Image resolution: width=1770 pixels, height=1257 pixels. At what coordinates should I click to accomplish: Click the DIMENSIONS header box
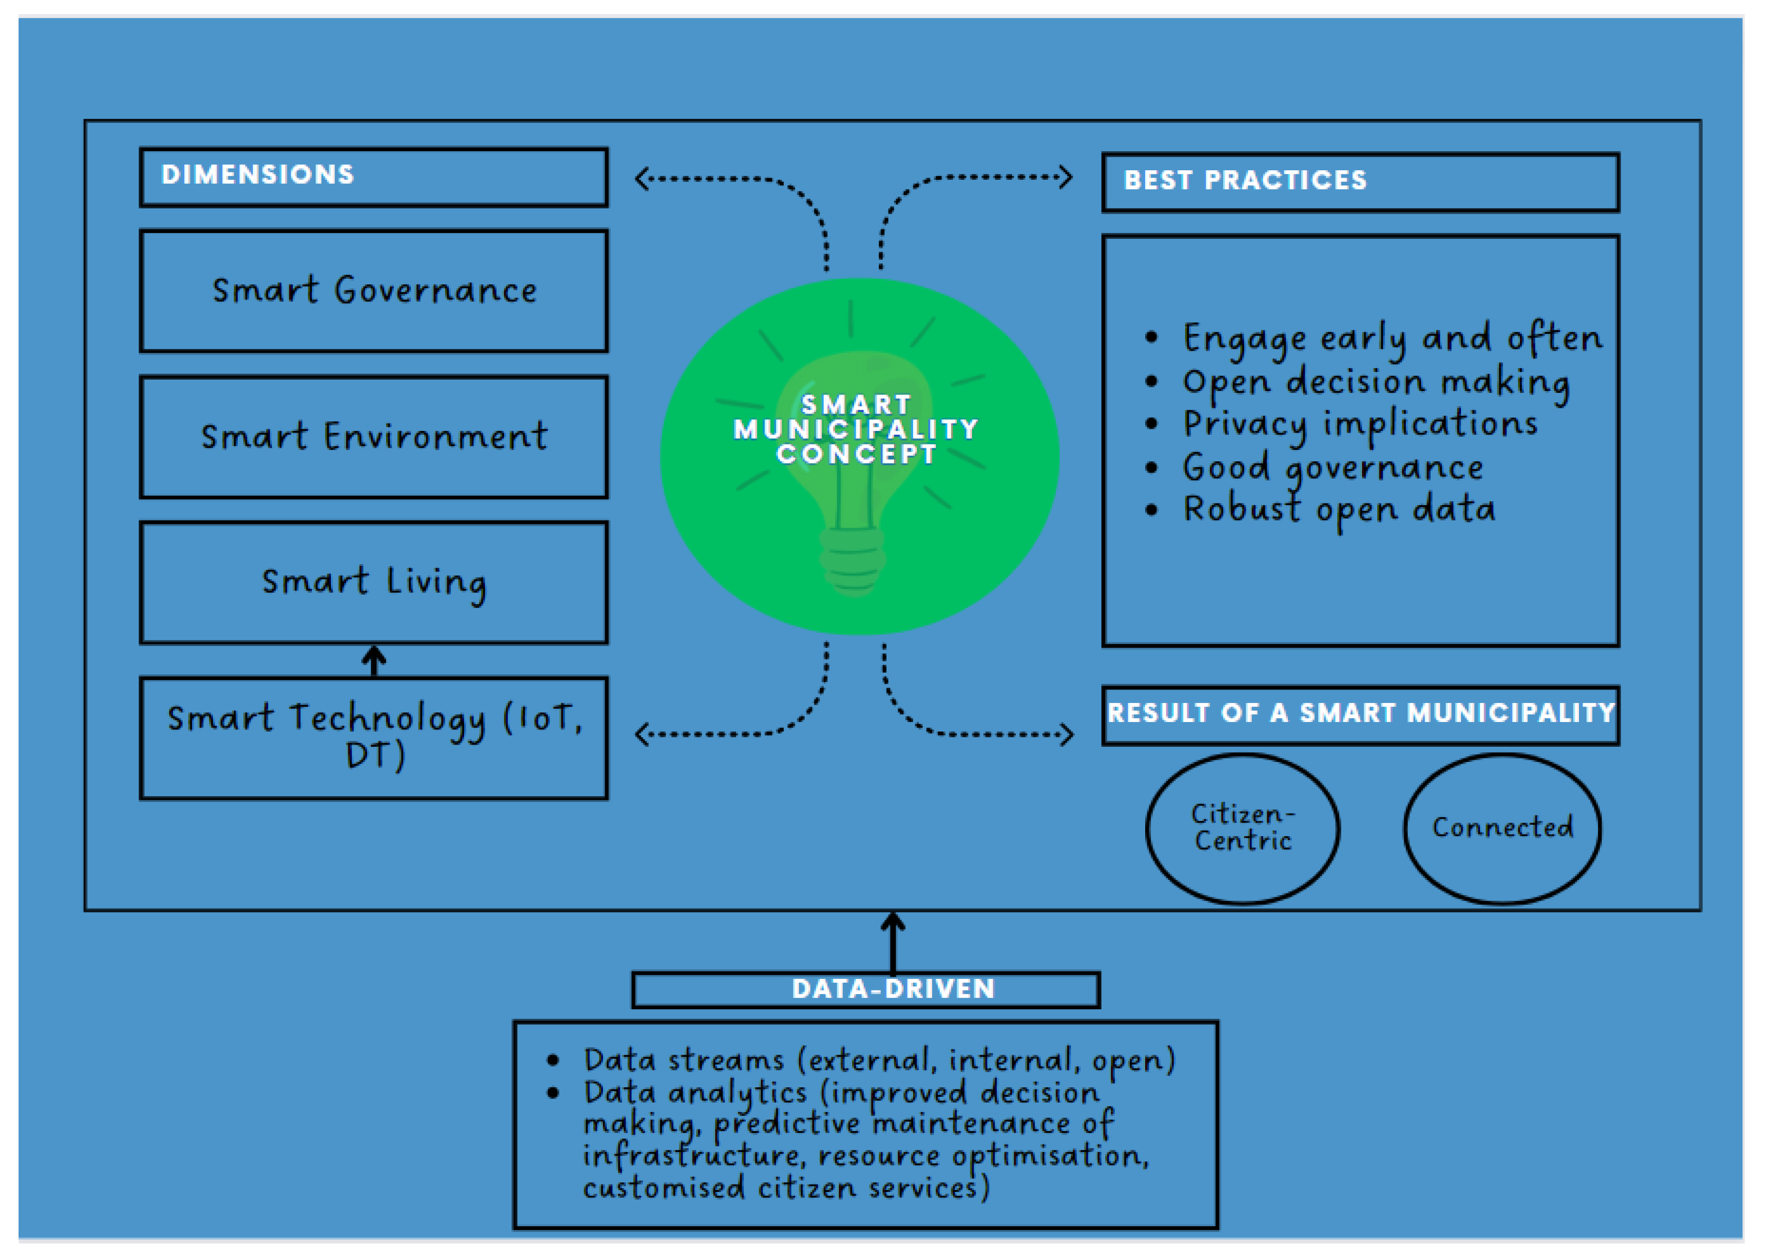tap(373, 177)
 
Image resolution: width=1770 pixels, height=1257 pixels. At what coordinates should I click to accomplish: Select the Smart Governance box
tap(373, 291)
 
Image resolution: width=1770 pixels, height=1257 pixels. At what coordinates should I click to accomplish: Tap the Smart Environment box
tap(373, 437)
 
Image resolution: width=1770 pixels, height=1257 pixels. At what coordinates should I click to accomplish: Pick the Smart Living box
tap(373, 582)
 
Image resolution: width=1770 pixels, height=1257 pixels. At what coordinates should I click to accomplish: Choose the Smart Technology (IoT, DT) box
tap(373, 738)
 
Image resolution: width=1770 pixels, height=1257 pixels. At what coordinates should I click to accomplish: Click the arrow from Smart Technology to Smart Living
tap(374, 660)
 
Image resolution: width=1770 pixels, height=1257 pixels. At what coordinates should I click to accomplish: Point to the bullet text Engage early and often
tap(1391, 338)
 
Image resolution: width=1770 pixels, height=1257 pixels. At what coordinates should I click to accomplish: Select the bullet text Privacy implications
tap(1359, 424)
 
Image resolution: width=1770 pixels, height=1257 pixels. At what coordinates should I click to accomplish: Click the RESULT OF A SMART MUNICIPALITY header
tap(1360, 713)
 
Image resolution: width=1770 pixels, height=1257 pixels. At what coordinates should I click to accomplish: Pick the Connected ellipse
tap(1501, 828)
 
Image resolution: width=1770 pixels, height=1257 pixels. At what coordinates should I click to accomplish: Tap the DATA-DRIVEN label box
tap(865, 989)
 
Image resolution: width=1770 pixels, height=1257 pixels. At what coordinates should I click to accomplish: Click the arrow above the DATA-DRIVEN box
tap(892, 941)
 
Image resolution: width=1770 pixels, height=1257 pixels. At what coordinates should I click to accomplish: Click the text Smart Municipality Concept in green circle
tap(856, 429)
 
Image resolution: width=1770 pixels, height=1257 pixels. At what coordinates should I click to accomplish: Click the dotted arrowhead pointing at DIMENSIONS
tap(641, 179)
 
